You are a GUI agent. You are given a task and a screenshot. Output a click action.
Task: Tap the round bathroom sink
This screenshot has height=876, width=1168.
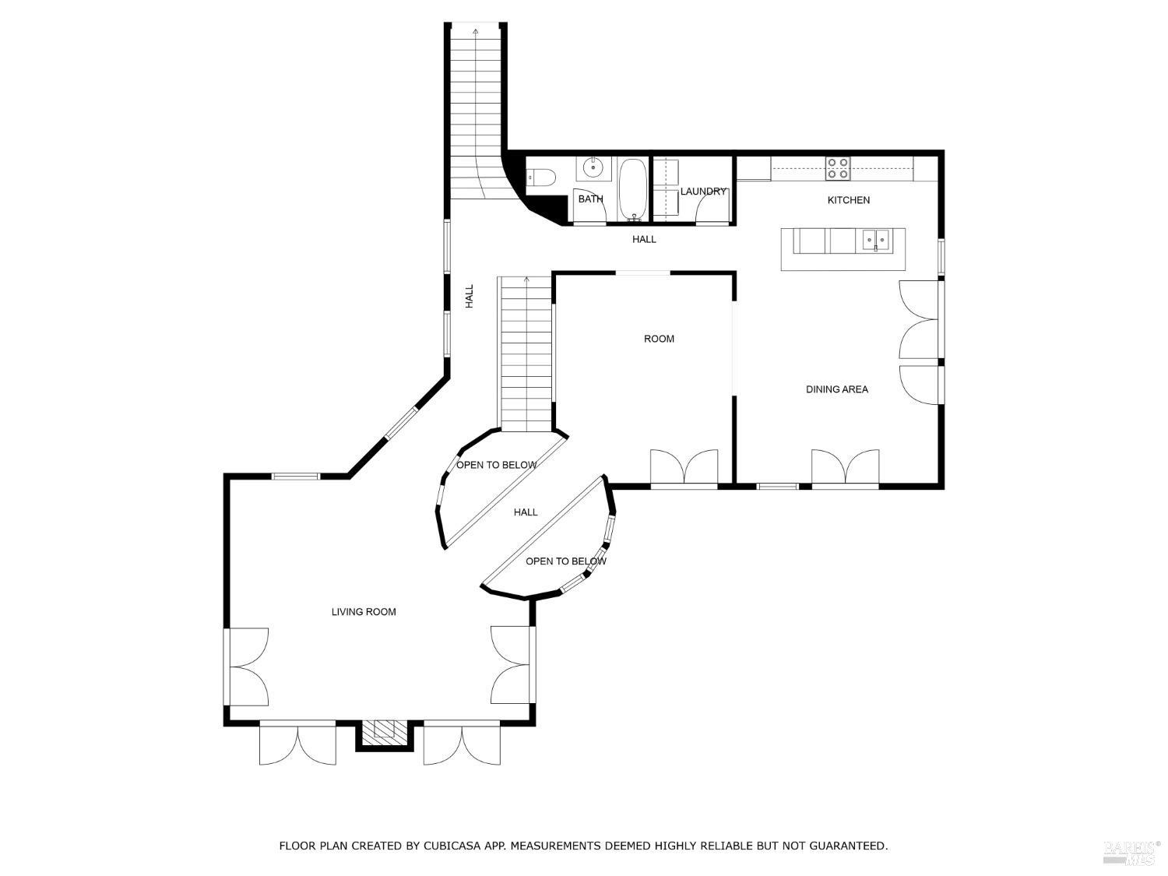click(594, 167)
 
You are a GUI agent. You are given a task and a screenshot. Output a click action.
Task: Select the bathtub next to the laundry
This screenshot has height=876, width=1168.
click(632, 190)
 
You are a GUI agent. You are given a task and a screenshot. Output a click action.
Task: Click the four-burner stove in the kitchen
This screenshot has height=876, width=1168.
click(838, 168)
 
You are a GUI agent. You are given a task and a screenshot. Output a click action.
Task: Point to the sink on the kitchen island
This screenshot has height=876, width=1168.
click(876, 240)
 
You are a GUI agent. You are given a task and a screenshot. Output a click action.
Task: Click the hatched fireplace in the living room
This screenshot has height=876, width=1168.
click(384, 730)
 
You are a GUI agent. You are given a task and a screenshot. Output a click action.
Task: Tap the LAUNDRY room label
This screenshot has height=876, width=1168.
click(703, 192)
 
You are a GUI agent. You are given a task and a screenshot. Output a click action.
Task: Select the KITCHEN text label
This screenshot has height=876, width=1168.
click(848, 200)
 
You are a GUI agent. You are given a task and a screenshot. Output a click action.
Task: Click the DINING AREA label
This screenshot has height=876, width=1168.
click(836, 389)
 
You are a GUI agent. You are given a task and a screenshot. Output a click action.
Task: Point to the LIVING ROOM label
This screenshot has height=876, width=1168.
click(364, 612)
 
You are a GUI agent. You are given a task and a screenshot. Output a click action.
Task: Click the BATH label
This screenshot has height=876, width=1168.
click(590, 199)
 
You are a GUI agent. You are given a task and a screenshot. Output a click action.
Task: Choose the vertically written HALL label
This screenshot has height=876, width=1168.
click(470, 296)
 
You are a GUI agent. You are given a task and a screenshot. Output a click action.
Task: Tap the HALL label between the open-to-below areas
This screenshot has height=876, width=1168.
click(526, 512)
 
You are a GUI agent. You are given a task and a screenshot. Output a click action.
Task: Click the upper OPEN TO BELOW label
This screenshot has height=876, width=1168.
click(496, 466)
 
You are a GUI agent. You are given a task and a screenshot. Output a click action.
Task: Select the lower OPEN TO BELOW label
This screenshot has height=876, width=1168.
click(565, 561)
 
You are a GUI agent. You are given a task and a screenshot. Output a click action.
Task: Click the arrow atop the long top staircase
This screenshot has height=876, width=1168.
click(475, 31)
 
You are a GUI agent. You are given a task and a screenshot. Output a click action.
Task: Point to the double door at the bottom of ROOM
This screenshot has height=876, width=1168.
click(684, 468)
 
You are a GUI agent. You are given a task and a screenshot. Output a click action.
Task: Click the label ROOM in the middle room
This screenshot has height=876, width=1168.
click(659, 339)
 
